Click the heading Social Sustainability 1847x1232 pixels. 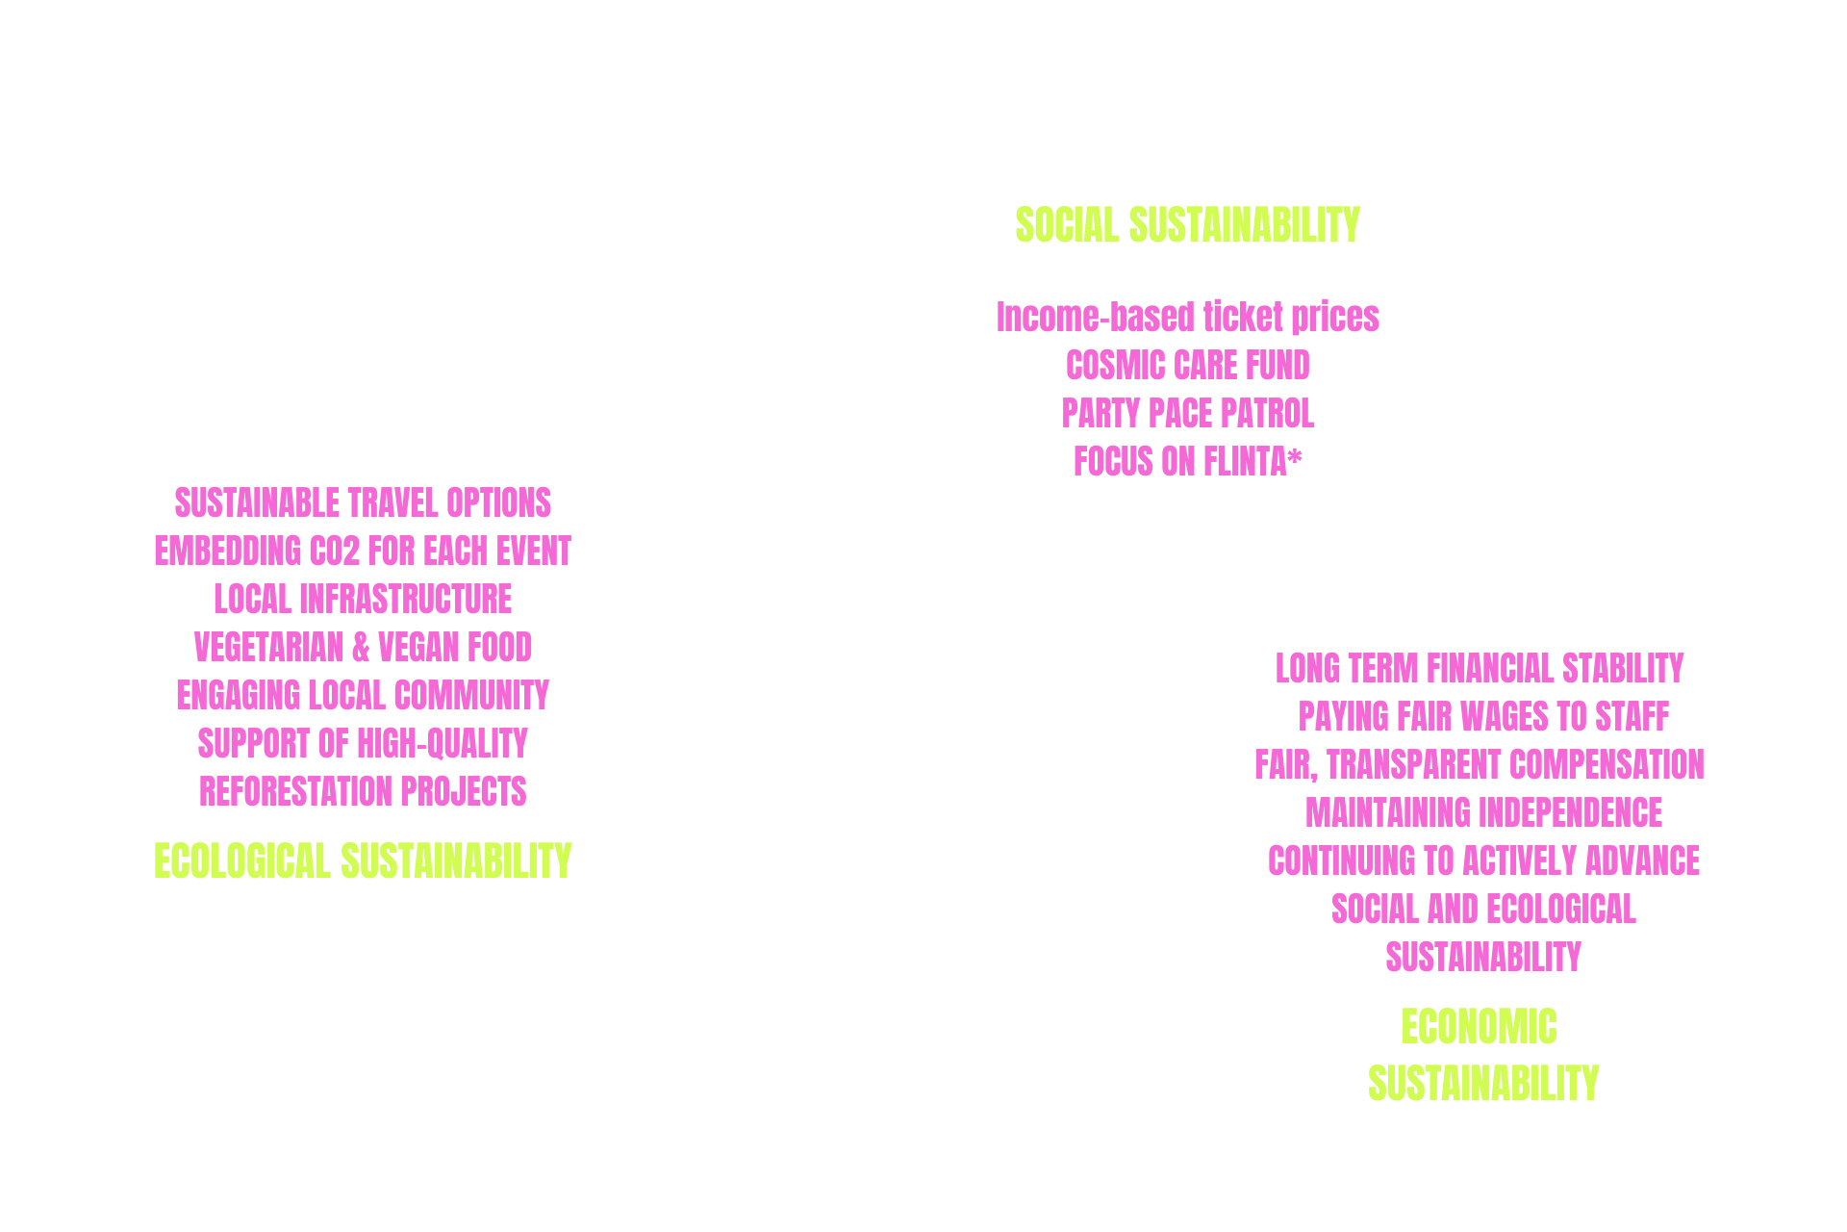point(1187,225)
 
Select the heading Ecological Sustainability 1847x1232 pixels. point(363,860)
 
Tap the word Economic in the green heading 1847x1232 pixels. point(1479,1027)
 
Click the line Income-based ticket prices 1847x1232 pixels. point(1187,317)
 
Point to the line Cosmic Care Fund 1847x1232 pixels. point(1187,366)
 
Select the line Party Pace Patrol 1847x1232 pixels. point(1187,414)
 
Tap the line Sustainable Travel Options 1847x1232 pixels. point(363,503)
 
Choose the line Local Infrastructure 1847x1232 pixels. point(363,600)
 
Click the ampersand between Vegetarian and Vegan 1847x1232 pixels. point(361,648)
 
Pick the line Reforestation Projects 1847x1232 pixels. point(363,792)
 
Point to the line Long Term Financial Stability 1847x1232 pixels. point(1479,668)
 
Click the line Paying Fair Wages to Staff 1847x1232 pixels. point(1482,717)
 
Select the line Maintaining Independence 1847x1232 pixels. point(1482,813)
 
